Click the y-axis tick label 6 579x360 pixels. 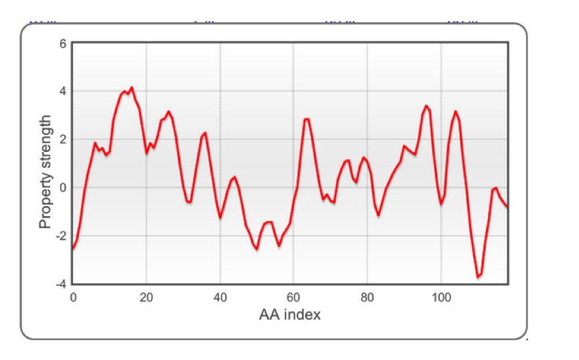pos(64,43)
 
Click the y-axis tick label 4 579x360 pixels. pos(64,91)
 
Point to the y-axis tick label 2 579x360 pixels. pos(64,139)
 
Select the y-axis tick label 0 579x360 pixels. pos(64,187)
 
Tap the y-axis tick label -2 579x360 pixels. pos(62,236)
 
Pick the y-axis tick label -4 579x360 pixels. pos(62,284)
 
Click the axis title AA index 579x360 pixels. pos(290,314)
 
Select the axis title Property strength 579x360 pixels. pos(46,172)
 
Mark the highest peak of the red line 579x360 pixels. pos(131,88)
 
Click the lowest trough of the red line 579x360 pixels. pos(478,276)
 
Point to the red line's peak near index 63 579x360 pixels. pos(307,119)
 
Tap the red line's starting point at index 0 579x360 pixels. pos(73,248)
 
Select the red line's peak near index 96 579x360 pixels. pos(426,106)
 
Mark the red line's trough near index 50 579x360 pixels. pos(257,249)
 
